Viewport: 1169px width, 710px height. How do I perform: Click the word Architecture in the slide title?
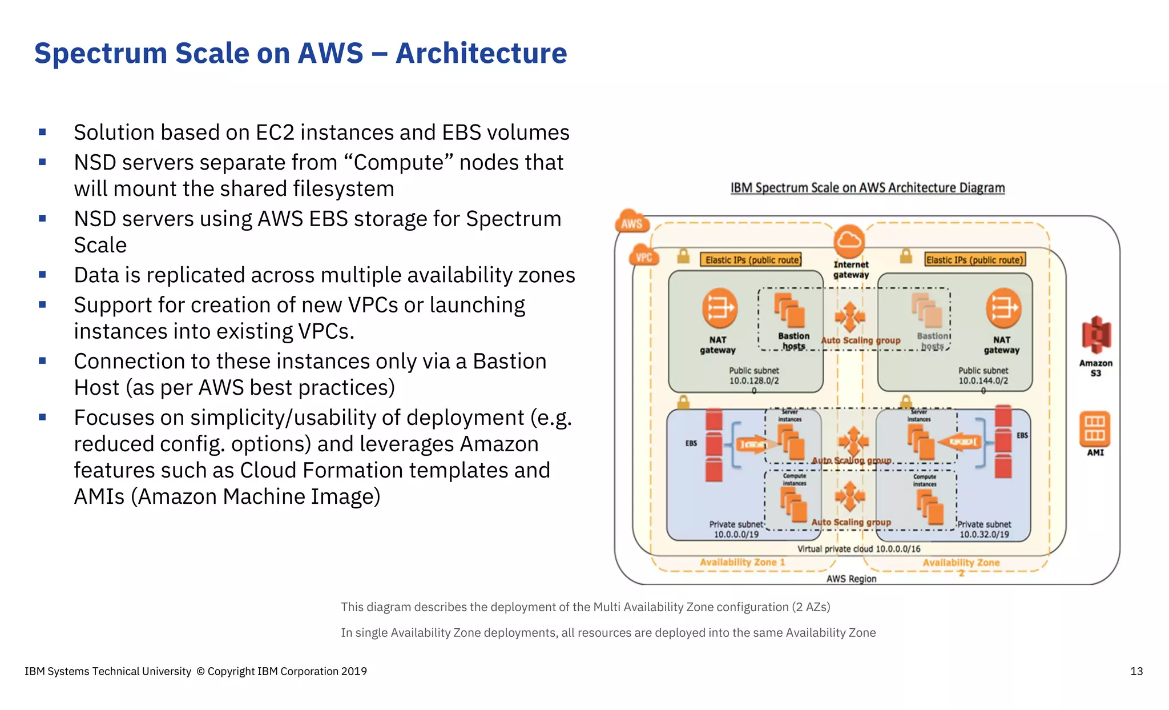coord(481,53)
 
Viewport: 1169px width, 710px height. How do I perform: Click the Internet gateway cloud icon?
coord(849,242)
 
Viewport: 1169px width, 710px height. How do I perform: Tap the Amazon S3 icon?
coord(1095,335)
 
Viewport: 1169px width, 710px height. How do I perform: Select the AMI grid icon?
coord(1094,429)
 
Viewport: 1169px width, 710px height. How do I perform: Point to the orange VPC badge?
coord(643,257)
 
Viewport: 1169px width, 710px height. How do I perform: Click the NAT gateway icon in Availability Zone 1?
coord(719,308)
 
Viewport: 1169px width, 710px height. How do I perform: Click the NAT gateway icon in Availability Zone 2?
coord(1003,308)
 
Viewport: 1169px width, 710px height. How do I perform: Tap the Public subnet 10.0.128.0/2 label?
coord(753,376)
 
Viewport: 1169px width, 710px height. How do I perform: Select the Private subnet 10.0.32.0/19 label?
coord(984,530)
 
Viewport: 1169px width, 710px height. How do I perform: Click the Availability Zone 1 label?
coord(742,562)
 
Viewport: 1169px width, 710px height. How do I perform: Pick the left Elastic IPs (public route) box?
coord(751,260)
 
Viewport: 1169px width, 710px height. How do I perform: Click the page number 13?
coord(1136,671)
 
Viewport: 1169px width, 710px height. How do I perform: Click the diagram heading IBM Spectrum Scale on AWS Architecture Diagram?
coord(867,188)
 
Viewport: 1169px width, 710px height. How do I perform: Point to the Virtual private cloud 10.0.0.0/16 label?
coord(858,549)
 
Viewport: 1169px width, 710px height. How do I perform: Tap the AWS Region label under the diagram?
coord(851,579)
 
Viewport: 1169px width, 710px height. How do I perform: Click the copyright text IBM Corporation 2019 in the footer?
coord(312,671)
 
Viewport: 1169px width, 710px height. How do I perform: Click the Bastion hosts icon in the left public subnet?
coord(789,311)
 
